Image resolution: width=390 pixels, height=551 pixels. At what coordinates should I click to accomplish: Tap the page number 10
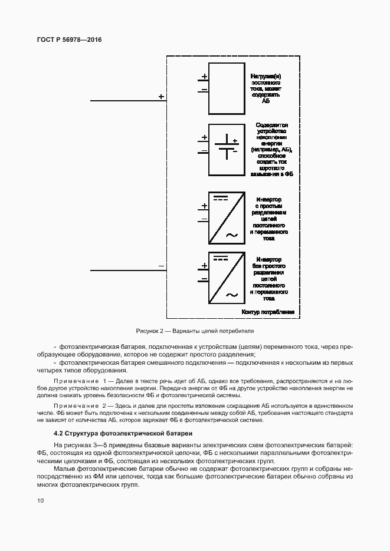(x=40, y=501)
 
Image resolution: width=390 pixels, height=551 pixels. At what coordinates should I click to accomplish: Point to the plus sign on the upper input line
(x=161, y=95)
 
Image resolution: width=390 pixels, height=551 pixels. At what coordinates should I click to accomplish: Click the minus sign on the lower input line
(x=161, y=266)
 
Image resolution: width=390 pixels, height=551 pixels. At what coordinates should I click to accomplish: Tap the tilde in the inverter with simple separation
(x=232, y=235)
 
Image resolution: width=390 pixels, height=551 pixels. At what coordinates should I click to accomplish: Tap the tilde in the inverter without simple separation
(x=232, y=295)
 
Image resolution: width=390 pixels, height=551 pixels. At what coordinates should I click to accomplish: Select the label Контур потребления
(x=268, y=312)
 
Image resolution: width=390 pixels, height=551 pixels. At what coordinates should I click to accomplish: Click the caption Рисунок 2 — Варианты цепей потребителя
(x=194, y=331)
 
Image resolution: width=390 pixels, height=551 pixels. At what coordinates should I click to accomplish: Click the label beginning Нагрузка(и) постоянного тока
(x=268, y=89)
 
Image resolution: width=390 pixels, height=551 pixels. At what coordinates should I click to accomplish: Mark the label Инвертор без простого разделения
(x=269, y=276)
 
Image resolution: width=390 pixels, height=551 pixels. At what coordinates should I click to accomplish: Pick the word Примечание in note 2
(x=75, y=406)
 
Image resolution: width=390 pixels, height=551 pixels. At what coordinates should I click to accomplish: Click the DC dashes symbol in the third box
(x=220, y=197)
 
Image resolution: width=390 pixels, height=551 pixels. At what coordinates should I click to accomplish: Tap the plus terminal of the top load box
(x=204, y=77)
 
